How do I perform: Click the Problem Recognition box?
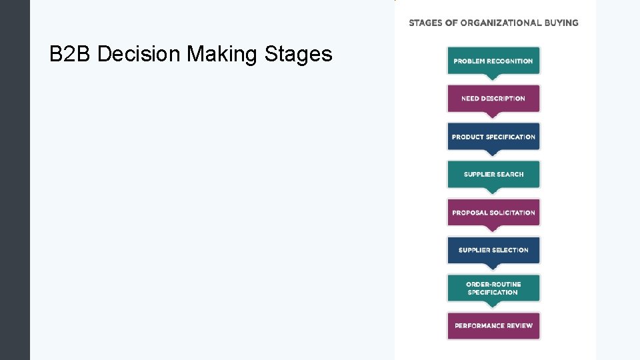[x=493, y=61]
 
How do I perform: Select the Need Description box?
[x=493, y=99]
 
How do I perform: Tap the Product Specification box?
[x=493, y=137]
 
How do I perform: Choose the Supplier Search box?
[x=493, y=175]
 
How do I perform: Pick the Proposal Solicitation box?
[x=493, y=213]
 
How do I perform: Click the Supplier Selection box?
[x=493, y=250]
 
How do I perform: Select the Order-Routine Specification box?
[x=493, y=288]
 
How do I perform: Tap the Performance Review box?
[x=493, y=326]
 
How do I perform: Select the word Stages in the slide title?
[x=299, y=54]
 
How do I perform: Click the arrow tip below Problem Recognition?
[x=493, y=78]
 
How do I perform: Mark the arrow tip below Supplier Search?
[x=493, y=192]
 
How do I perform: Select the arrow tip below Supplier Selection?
[x=493, y=268]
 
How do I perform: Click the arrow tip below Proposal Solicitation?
[x=493, y=230]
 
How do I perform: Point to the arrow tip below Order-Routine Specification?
[x=493, y=306]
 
